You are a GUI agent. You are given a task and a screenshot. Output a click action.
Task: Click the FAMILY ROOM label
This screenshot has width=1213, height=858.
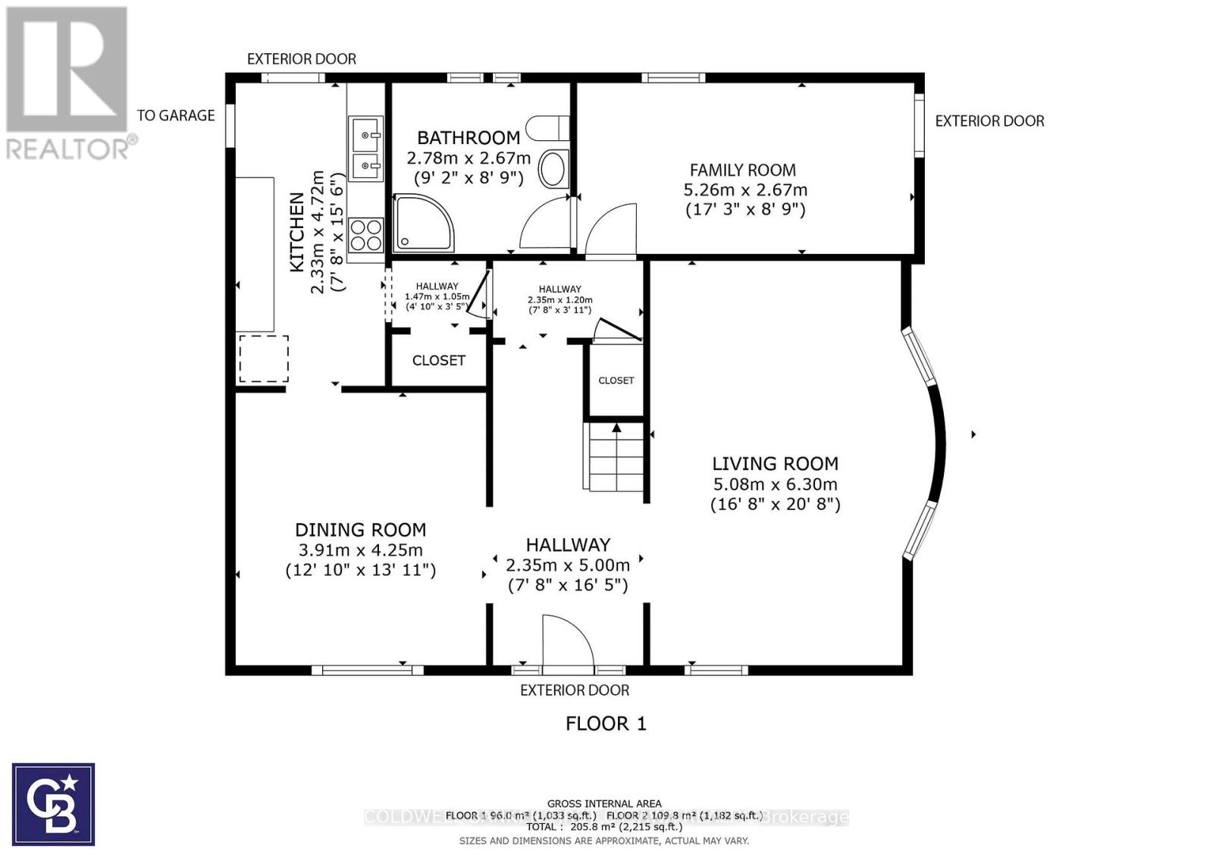[742, 171]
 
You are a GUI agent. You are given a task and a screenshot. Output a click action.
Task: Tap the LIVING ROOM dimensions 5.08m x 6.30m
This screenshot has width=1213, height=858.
[775, 484]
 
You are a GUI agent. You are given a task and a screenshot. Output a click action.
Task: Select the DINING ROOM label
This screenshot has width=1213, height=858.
[360, 530]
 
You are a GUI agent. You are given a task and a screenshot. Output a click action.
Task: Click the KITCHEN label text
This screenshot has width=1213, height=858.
[297, 232]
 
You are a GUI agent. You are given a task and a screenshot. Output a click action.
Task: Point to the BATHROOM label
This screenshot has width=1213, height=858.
[469, 138]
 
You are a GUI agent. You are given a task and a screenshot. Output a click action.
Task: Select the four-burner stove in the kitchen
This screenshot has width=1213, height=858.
[365, 234]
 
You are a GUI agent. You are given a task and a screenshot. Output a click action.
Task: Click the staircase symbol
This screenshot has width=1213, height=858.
[616, 458]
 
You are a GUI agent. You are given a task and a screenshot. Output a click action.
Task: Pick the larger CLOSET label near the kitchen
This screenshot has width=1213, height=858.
[438, 361]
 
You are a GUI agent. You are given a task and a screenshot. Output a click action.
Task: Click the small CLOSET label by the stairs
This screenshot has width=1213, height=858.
[616, 380]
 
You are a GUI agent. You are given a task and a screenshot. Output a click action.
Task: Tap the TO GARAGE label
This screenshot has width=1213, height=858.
[176, 115]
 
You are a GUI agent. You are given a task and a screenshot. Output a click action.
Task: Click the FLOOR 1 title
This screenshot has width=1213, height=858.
[606, 724]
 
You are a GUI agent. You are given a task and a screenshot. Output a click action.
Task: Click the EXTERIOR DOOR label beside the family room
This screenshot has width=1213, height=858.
[989, 121]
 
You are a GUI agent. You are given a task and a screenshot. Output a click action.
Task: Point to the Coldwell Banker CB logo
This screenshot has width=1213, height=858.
[53, 804]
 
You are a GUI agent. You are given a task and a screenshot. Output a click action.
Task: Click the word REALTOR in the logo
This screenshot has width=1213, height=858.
[68, 149]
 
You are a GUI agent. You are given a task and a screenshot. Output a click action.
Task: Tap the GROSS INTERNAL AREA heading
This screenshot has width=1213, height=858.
[604, 803]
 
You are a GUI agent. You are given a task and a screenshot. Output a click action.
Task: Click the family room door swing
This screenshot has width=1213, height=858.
[611, 230]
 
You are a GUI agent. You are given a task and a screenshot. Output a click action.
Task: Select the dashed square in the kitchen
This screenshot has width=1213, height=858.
[264, 359]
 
